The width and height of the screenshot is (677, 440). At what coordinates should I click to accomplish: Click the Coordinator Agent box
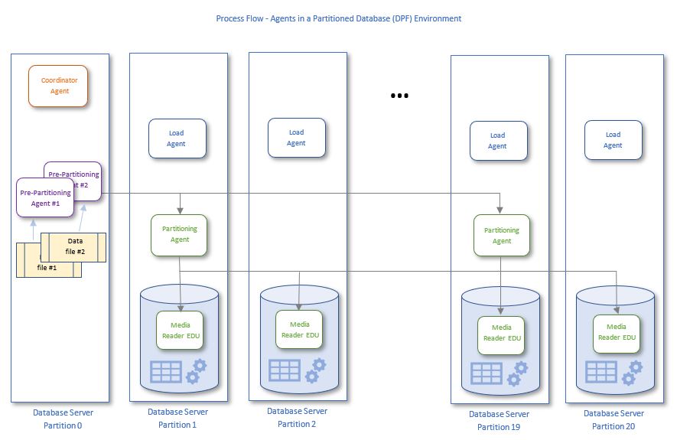(x=59, y=86)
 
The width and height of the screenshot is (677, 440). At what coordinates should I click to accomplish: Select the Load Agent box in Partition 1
(x=177, y=139)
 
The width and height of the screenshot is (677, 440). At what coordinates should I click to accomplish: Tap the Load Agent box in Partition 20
(x=613, y=140)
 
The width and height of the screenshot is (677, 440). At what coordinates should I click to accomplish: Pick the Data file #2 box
(x=75, y=246)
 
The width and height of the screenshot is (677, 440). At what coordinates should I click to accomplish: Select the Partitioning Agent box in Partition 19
(x=502, y=235)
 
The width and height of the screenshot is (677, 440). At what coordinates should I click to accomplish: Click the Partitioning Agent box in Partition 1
(x=180, y=233)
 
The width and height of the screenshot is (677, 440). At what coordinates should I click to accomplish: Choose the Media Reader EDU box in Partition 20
(x=617, y=332)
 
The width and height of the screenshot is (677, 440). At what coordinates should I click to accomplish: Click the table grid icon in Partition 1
(x=166, y=372)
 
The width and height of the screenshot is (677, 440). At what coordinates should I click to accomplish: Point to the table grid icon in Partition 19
(x=487, y=373)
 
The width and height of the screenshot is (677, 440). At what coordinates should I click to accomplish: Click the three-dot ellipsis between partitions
(x=399, y=96)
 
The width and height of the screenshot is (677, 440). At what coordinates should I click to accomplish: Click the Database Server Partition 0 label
(x=63, y=419)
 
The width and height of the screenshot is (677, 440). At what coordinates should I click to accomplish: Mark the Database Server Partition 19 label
(x=499, y=420)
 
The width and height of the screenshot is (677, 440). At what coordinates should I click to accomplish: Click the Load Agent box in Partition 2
(x=297, y=138)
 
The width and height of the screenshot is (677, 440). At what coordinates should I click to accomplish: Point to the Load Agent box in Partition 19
(x=498, y=141)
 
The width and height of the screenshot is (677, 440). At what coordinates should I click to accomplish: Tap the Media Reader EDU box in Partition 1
(x=180, y=331)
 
